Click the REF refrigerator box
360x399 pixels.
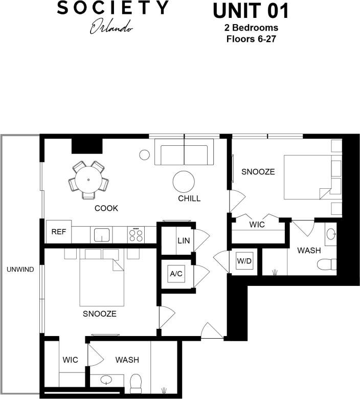coord(59,232)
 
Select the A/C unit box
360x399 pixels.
coord(175,274)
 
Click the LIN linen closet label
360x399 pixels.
coord(183,240)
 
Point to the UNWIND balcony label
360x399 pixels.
coord(20,270)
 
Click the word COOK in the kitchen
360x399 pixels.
coord(106,208)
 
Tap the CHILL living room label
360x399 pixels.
coord(189,198)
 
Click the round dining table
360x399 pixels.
coord(88,180)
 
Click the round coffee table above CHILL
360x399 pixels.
coord(184,182)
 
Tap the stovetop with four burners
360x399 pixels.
coord(136,234)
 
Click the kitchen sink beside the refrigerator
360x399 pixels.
coord(101,235)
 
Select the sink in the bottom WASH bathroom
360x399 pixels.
coord(106,381)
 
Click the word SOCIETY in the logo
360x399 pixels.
coord(112,9)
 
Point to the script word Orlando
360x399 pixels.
coord(112,27)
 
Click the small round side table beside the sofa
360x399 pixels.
coord(144,153)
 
